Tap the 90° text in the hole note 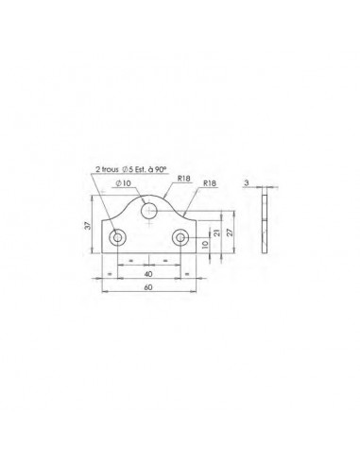[161, 170]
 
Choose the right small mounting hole [180, 236]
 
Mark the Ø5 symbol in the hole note [128, 170]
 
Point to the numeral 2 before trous [96, 170]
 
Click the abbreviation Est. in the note [143, 170]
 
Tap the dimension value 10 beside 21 [205, 243]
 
